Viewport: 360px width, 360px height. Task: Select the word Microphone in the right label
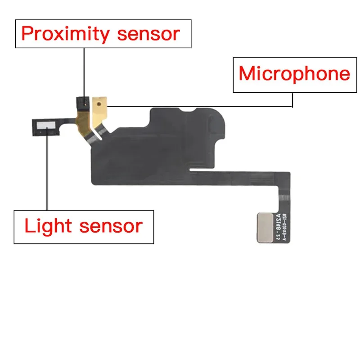[294, 73]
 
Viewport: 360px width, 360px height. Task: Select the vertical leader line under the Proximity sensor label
[84, 72]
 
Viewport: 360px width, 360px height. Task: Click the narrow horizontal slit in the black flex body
[211, 170]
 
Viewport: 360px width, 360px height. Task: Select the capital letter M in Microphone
[247, 73]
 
